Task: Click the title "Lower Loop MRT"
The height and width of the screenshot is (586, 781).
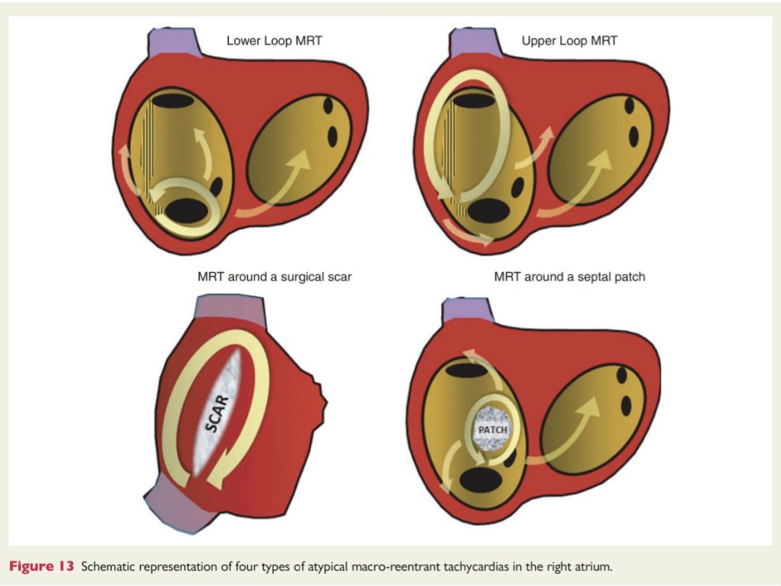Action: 273,41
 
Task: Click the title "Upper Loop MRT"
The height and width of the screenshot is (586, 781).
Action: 569,41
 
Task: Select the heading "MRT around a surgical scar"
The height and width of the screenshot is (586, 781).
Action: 274,276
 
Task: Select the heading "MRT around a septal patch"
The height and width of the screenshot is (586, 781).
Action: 569,276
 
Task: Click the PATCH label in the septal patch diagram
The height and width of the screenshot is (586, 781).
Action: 493,430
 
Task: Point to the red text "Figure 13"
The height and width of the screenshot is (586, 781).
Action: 41,566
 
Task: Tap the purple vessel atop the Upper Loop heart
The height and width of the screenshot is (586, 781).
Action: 471,41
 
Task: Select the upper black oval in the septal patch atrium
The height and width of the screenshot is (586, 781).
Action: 466,371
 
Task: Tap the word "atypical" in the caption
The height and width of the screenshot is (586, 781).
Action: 327,566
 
